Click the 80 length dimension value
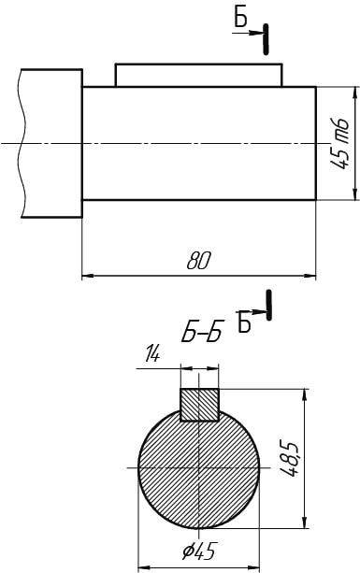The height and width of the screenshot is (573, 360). point(199,260)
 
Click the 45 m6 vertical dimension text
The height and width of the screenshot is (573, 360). point(340,143)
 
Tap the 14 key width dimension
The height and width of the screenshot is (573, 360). point(152,353)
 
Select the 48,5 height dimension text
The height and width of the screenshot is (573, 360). point(291,459)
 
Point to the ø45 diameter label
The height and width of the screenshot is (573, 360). point(199,551)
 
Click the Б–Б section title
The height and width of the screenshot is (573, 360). point(202,331)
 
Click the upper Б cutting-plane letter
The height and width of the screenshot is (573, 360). point(241,18)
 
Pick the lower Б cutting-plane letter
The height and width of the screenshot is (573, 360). point(244,323)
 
